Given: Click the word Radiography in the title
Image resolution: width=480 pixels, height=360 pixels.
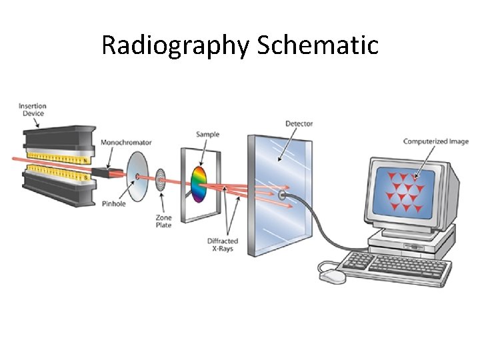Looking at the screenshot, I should coord(175,46).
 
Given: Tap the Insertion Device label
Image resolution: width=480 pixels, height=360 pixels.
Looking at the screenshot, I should coord(32,109).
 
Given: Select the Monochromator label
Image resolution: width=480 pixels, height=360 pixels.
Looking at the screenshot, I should coord(126,142).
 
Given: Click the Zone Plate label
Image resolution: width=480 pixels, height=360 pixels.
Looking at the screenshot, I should coord(163,221).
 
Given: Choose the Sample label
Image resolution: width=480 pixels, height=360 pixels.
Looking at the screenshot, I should coord(207,135).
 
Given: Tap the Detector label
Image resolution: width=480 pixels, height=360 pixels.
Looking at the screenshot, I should coord(299,123).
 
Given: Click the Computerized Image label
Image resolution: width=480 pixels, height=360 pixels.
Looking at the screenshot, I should coord(435,141).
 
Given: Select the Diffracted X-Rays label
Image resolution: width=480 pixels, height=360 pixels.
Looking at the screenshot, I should coord(222,245).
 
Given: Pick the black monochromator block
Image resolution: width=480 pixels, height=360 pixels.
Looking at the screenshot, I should coord(103,173).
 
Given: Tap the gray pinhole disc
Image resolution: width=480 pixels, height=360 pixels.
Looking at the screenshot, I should coord(137,176).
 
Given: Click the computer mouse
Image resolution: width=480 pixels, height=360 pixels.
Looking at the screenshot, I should coord(333,273).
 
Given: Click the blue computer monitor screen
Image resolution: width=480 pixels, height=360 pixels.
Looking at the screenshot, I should coord(403,191).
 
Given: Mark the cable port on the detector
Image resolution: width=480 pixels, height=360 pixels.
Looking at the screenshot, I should coord(283,196).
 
